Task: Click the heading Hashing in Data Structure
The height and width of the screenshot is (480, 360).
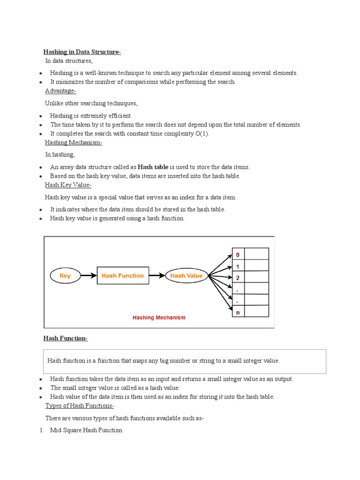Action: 82,52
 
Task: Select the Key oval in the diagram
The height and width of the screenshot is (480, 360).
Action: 65,276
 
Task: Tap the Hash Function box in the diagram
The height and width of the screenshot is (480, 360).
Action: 122,276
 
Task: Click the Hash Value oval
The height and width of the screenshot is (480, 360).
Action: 186,276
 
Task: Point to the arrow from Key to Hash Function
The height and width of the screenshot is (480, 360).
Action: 88,276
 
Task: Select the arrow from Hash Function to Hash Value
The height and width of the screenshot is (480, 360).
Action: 157,276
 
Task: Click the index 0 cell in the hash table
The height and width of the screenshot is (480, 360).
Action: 238,255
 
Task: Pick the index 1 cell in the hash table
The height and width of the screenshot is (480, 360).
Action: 238,266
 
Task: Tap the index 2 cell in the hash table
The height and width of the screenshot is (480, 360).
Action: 238,277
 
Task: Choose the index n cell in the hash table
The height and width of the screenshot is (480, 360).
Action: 238,312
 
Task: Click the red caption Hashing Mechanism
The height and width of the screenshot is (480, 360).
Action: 159,317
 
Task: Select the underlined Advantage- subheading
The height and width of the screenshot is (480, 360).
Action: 60,91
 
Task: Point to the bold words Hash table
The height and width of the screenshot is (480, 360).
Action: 153,167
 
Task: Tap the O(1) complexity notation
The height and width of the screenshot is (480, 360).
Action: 202,134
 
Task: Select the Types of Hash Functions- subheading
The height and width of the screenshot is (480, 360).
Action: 79,406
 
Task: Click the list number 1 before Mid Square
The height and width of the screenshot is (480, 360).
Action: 41,430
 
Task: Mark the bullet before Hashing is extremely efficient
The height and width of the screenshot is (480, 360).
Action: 41,116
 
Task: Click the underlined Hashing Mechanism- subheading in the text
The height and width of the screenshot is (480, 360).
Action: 74,142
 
